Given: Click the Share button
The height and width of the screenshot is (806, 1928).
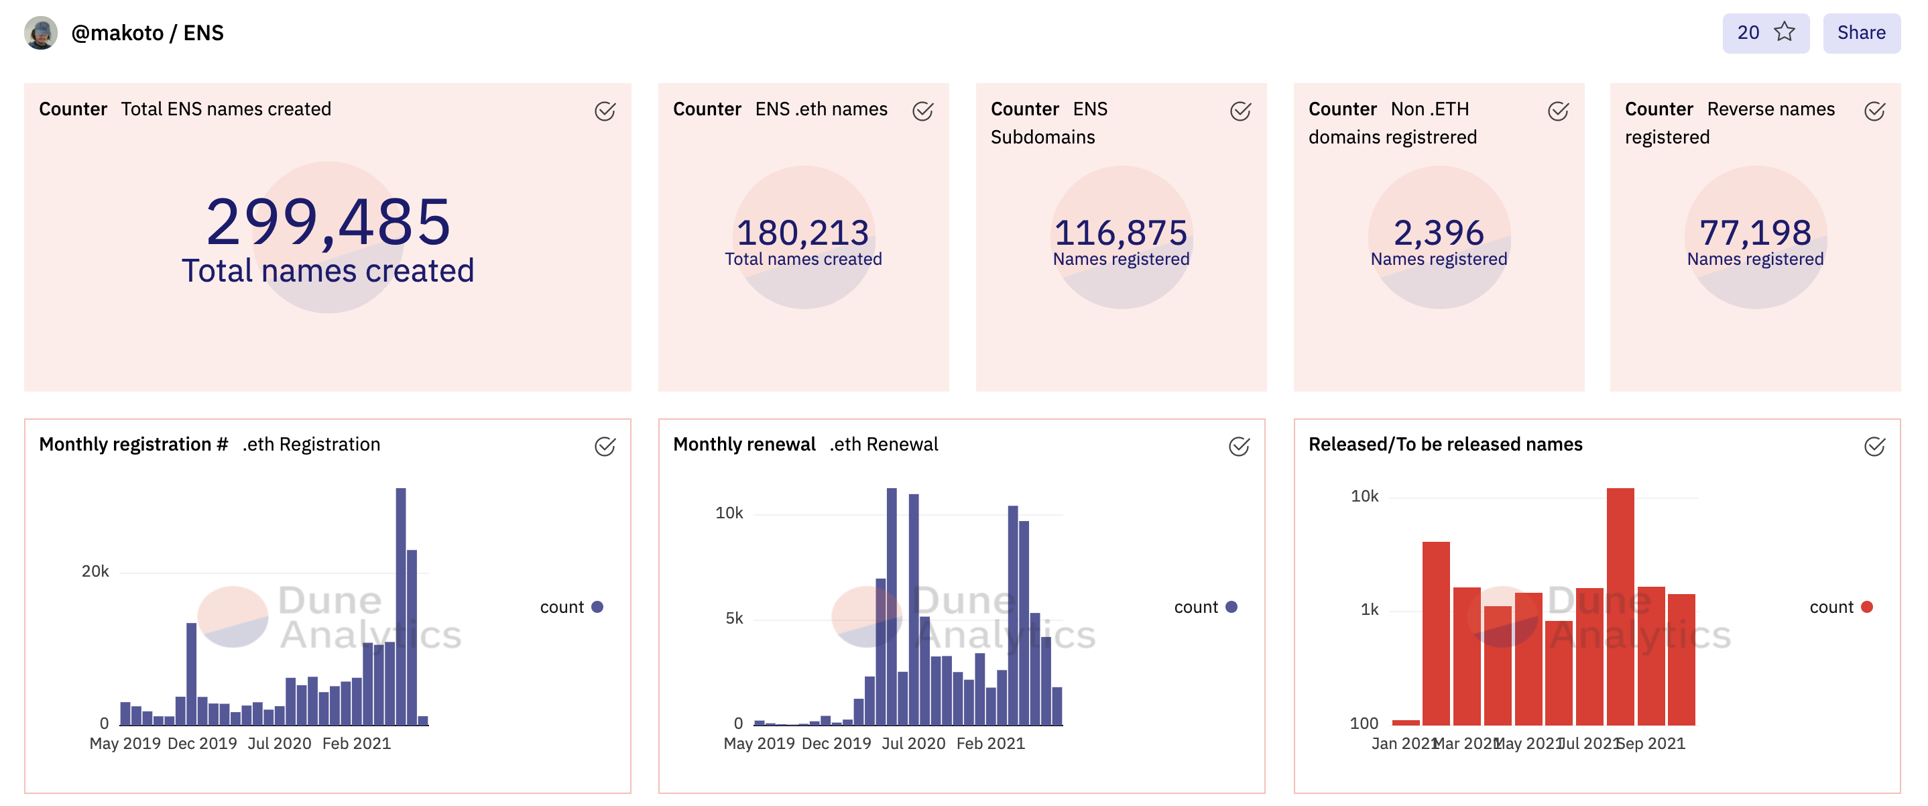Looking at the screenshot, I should point(1861,33).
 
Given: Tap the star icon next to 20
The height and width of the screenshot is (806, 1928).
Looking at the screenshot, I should point(1785,32).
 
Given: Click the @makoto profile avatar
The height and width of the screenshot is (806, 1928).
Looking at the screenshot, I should point(41,33).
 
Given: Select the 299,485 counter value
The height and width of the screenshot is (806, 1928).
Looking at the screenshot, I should point(328,222).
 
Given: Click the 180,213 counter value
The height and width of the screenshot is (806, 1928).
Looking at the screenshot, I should point(802,233).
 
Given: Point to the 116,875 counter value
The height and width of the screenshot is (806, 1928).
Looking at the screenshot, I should point(1120,233).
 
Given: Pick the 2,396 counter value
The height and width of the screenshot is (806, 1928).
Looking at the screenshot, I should point(1438,233).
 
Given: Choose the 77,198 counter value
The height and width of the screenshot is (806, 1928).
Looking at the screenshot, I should point(1755,233).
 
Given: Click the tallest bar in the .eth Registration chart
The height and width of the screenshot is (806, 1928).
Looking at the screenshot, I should point(401,606).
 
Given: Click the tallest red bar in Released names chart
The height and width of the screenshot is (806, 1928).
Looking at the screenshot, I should point(1620,606).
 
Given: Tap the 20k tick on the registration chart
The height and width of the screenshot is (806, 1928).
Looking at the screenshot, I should point(95,572).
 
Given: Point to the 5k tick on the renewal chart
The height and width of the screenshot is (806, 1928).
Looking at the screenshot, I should point(733,618).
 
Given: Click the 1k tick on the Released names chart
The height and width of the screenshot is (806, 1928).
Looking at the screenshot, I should point(1369,610).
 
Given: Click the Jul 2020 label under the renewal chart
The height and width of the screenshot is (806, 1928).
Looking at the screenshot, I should point(913,743).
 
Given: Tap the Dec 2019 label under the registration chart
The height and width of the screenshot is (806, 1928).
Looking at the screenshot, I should point(202,743).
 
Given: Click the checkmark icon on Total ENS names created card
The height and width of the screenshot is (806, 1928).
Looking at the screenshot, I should point(605,111).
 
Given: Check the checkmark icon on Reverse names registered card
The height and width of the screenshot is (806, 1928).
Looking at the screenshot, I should point(1874,111).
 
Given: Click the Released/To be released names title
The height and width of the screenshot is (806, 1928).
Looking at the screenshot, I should point(1445,445).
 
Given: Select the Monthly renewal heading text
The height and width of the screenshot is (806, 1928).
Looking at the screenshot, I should point(744,445).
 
